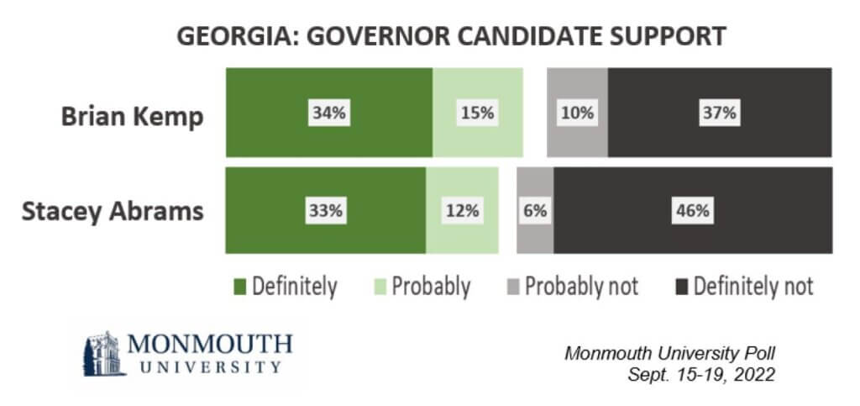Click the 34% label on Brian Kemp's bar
pos(328,113)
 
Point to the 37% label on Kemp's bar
pos(719,113)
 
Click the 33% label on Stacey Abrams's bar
pos(325,210)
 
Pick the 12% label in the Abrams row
pos(462,210)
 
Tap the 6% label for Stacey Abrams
pos(535,210)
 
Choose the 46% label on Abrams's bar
pos(693,210)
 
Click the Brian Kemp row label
pos(132,116)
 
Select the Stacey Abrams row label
pos(112,210)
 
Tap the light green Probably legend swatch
pos(380,287)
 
